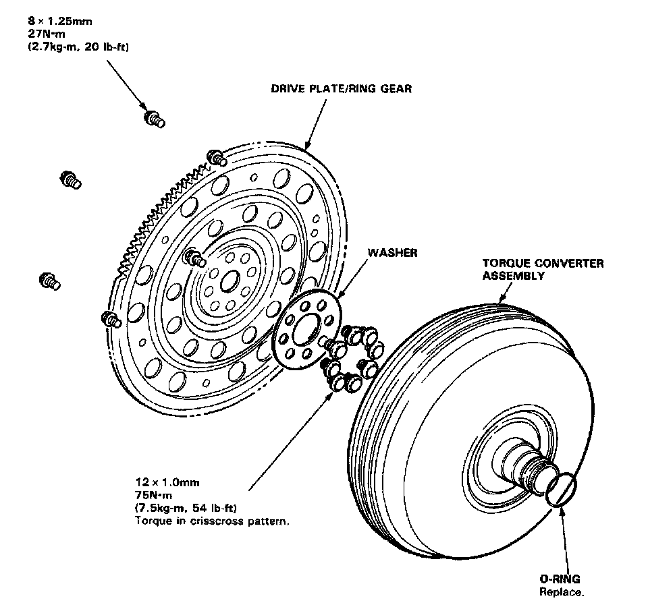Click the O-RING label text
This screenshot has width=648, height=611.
560,579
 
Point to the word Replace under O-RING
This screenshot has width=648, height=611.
561,592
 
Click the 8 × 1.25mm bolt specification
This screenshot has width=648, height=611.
47,21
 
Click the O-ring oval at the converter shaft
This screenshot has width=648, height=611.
562,488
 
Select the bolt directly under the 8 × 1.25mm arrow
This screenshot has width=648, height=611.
154,120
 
